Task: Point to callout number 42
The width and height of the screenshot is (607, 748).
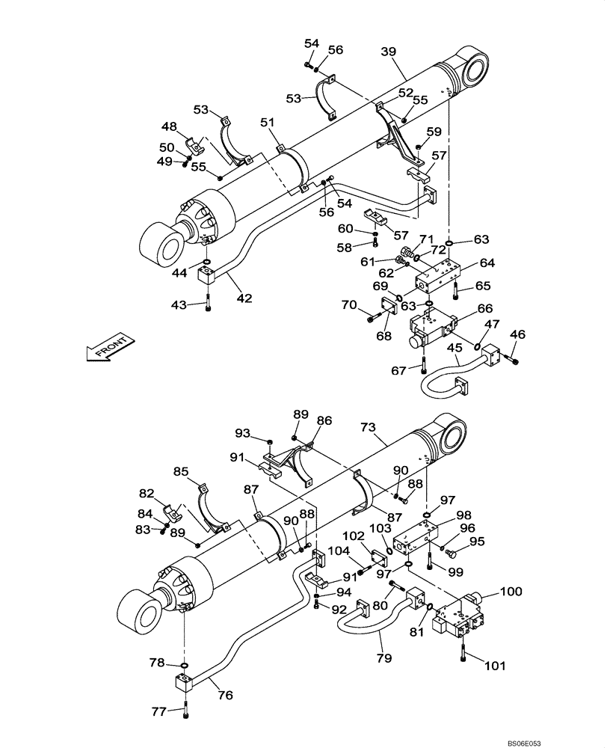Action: coord(244,298)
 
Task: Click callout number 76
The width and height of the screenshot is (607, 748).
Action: coord(224,695)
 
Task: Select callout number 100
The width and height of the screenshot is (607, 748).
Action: coord(511,591)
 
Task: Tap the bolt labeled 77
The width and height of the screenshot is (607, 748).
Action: coord(186,713)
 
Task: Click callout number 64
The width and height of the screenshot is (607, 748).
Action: coord(487,263)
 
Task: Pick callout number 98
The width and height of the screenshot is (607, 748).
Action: coord(463,515)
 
